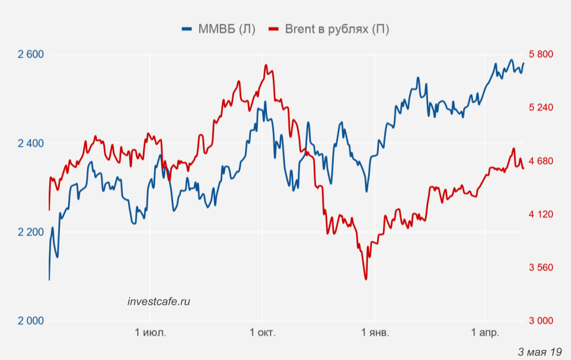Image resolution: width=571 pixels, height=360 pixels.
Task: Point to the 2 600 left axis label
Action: click(31, 55)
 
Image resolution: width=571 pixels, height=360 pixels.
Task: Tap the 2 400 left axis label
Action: click(31, 144)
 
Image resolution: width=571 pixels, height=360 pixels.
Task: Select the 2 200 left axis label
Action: click(31, 232)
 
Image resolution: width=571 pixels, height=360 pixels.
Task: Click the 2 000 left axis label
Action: click(31, 321)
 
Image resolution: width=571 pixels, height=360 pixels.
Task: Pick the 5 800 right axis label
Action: click(541, 54)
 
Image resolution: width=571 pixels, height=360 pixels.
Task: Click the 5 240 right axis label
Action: click(541, 107)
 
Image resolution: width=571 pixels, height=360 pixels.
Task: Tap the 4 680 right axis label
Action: click(541, 161)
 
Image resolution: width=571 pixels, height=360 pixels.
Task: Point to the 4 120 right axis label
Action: click(541, 214)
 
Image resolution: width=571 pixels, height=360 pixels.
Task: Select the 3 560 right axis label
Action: click(541, 267)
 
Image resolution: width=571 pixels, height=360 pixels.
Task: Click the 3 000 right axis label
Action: click(541, 321)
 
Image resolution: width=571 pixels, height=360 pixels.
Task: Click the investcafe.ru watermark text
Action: click(159, 301)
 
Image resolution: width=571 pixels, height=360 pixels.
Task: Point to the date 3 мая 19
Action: click(540, 352)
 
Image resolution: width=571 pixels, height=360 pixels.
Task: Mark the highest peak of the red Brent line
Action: click(266, 65)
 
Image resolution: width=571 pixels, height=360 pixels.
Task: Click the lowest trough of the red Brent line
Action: click(366, 279)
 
